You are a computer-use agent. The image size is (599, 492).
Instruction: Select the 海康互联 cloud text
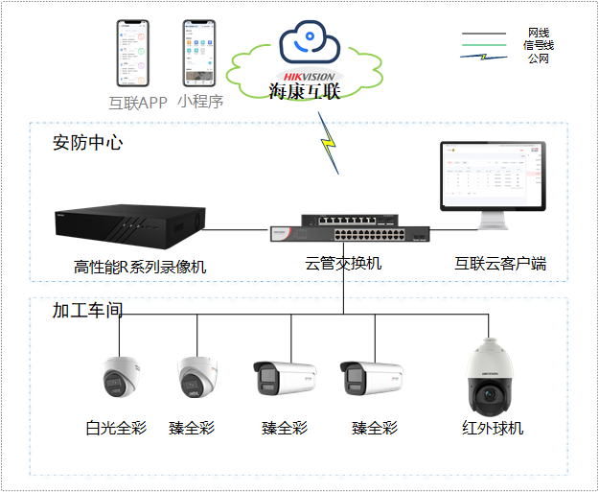pyautogui.click(x=305, y=92)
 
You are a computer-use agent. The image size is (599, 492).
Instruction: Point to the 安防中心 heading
pyautogui.click(x=87, y=143)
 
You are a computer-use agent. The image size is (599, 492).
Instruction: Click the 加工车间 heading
pyautogui.click(x=87, y=311)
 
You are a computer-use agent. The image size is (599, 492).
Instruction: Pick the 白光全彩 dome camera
pyautogui.click(x=120, y=378)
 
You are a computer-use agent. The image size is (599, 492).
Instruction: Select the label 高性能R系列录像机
pyautogui.click(x=140, y=267)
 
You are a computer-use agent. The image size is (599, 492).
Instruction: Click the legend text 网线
pyautogui.click(x=539, y=34)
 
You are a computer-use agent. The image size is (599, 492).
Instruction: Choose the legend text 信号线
pyautogui.click(x=539, y=45)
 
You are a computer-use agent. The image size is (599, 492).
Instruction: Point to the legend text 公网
pyautogui.click(x=539, y=59)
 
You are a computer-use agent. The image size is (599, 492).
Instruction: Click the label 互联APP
pyautogui.click(x=138, y=103)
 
